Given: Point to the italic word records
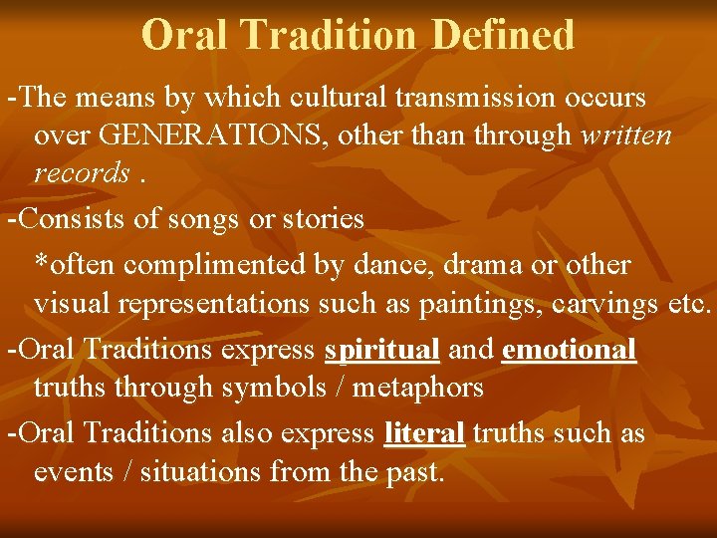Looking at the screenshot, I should pos(82,172).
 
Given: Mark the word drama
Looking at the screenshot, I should pos(501,266).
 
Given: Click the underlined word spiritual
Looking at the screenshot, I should pos(382,351).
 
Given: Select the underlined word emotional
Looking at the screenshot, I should pos(570,351).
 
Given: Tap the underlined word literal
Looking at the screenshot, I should pos(424,434).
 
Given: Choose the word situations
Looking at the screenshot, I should pos(205,471).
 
